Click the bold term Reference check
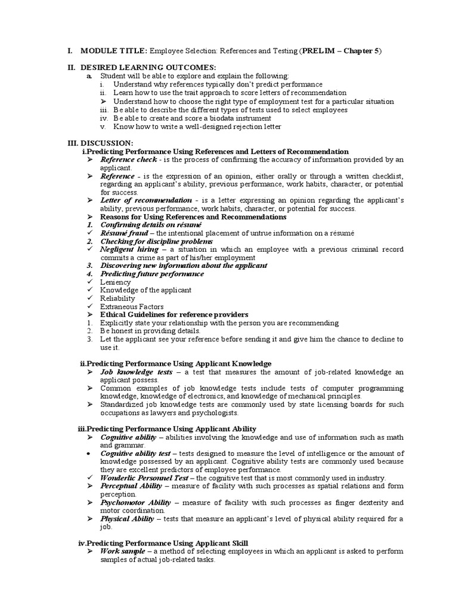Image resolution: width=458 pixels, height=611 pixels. pos(128,160)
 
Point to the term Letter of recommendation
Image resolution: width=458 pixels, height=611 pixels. pos(146,200)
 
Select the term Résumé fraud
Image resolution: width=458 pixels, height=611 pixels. pos(123,233)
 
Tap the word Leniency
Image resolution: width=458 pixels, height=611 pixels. pos(116,282)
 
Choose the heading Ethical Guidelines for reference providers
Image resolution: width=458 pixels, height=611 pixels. pos(174,314)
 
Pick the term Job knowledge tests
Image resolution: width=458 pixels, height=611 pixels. pos(137,372)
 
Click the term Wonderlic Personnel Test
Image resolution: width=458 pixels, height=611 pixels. pos(144,478)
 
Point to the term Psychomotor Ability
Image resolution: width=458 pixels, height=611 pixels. pos(135,502)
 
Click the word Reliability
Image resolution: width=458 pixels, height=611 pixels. pos(117,298)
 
